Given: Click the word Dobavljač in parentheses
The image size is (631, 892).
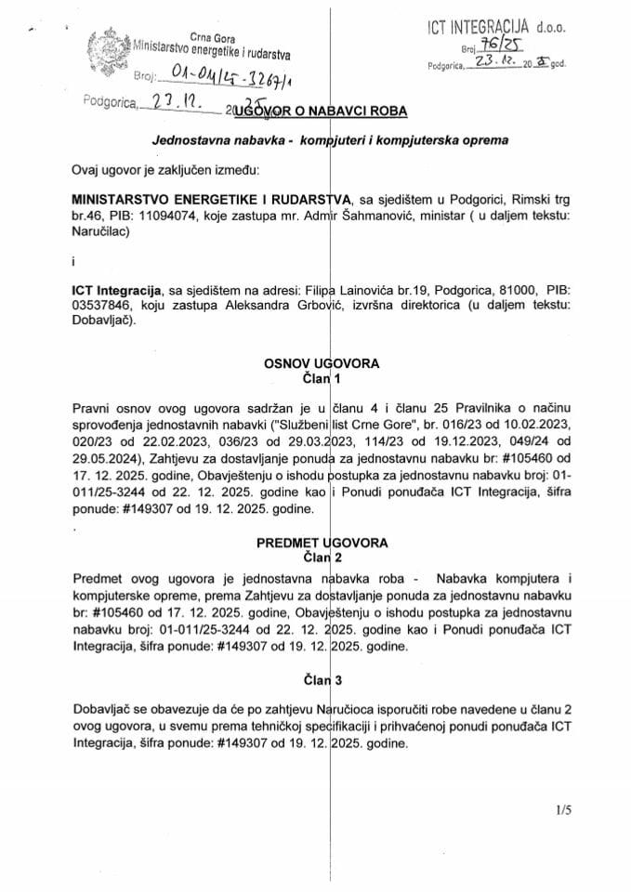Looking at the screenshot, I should coord(101,323).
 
